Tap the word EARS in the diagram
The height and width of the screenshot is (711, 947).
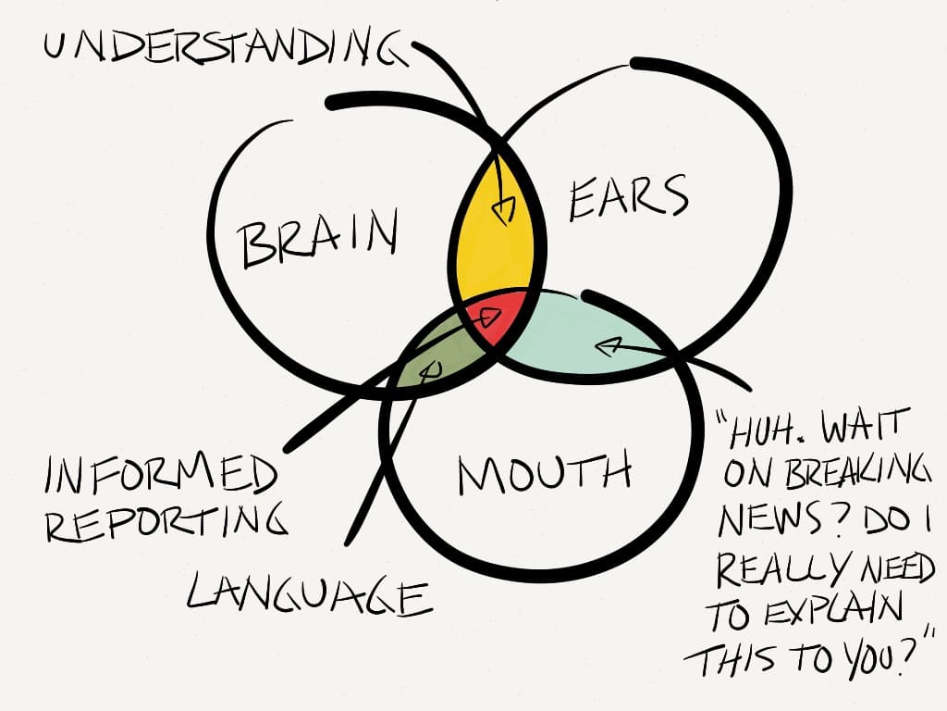pos(629,197)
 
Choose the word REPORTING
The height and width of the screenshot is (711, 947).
pos(166,523)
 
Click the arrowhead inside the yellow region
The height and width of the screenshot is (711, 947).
pos(503,212)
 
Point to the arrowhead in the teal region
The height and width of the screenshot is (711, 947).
pos(606,349)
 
